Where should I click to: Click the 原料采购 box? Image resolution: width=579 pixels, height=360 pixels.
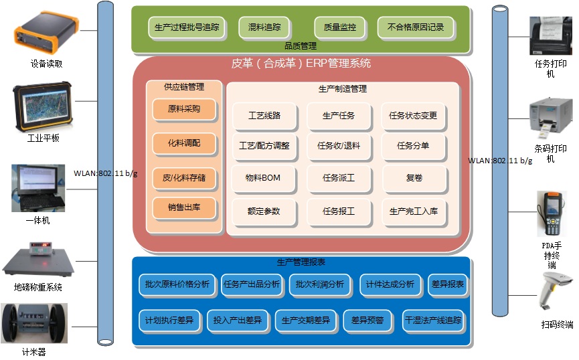pos(184,109)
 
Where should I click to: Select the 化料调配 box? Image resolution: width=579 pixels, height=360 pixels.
pos(184,143)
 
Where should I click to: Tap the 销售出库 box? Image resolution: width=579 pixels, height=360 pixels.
pos(184,208)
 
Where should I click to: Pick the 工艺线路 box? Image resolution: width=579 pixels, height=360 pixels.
pos(264,116)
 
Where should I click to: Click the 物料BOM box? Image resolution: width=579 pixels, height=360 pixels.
pos(264,179)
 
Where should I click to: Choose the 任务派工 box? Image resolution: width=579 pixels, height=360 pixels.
pos(339,179)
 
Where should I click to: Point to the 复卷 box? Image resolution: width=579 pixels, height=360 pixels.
pos(414,179)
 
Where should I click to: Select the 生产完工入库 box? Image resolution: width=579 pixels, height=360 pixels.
pos(414,211)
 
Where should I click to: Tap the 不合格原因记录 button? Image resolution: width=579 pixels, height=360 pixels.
pos(415,28)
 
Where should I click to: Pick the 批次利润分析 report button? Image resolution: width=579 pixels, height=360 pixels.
pos(320,284)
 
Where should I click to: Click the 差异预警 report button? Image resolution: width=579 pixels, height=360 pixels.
pos(367,321)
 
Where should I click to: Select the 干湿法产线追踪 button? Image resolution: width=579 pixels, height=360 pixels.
pos(433,321)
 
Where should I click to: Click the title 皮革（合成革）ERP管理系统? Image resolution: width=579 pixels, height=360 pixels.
pos(301,64)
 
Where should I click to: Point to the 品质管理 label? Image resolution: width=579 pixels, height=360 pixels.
pos(301,47)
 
